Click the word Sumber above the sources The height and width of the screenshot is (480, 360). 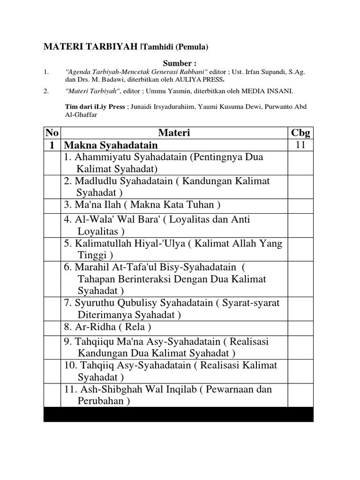178,63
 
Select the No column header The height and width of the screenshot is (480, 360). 52,134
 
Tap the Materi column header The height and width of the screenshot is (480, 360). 174,134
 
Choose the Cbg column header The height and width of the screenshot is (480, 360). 300,134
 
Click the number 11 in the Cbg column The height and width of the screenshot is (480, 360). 300,145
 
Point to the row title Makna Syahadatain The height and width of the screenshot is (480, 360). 111,145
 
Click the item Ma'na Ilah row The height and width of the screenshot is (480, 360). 142,205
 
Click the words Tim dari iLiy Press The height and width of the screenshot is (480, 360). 95,107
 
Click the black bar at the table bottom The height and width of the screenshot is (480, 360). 178,414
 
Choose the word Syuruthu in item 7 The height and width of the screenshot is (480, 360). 93,303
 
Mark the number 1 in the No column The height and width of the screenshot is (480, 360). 52,145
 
